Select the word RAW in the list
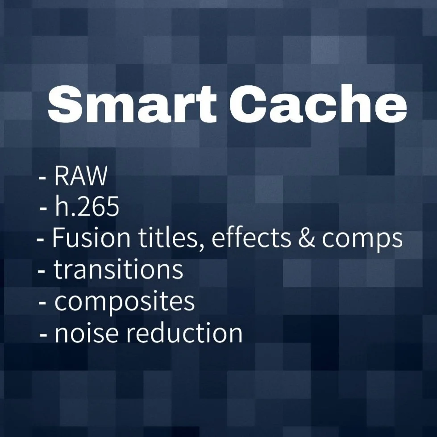[x=81, y=177]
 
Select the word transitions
[x=119, y=270]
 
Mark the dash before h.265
[x=44, y=209]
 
